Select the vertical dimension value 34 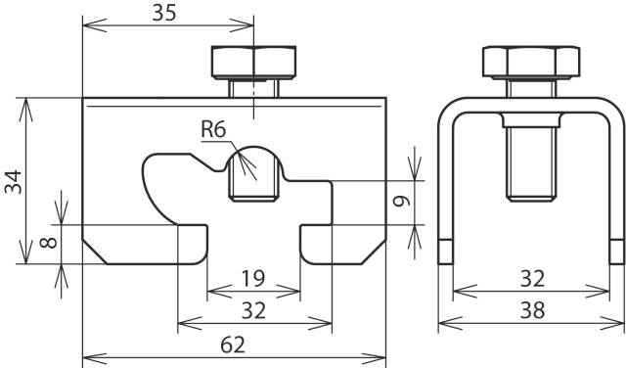click(13, 181)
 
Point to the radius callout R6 click(214, 128)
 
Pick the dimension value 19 click(251, 280)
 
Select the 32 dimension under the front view click(252, 310)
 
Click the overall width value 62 click(233, 344)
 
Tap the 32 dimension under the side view click(532, 280)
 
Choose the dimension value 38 click(532, 310)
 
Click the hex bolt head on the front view click(252, 63)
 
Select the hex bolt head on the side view click(529, 63)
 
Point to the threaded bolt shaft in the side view click(529, 161)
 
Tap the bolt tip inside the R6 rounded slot click(252, 176)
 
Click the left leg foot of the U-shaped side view click(444, 252)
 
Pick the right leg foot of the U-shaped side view click(616, 252)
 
